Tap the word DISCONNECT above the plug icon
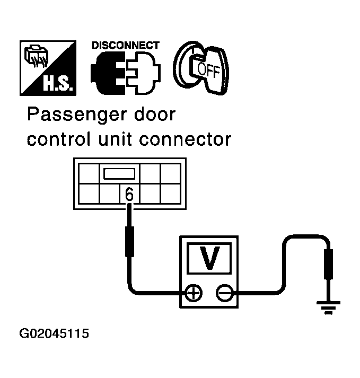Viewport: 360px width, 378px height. (x=125, y=46)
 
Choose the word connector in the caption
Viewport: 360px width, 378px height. (x=190, y=140)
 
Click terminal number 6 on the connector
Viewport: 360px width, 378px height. (x=129, y=195)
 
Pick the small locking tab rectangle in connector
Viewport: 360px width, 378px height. (x=122, y=173)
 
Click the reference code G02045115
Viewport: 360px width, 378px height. (x=54, y=335)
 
